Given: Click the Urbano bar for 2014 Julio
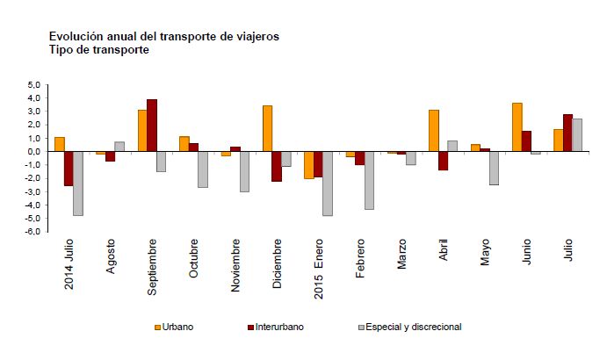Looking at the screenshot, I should point(60,144).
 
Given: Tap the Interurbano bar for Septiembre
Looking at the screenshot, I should point(152,125).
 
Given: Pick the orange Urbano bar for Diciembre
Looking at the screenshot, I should point(267,128).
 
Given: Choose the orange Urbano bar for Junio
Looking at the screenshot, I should point(517,126).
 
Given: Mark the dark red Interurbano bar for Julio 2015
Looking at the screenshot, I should point(567,133).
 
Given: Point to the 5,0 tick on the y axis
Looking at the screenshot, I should point(34,84).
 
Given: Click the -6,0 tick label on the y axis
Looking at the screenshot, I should point(33,232).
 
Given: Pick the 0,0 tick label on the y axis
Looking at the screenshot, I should point(34,151).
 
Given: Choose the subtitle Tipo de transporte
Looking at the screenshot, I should point(98,50).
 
